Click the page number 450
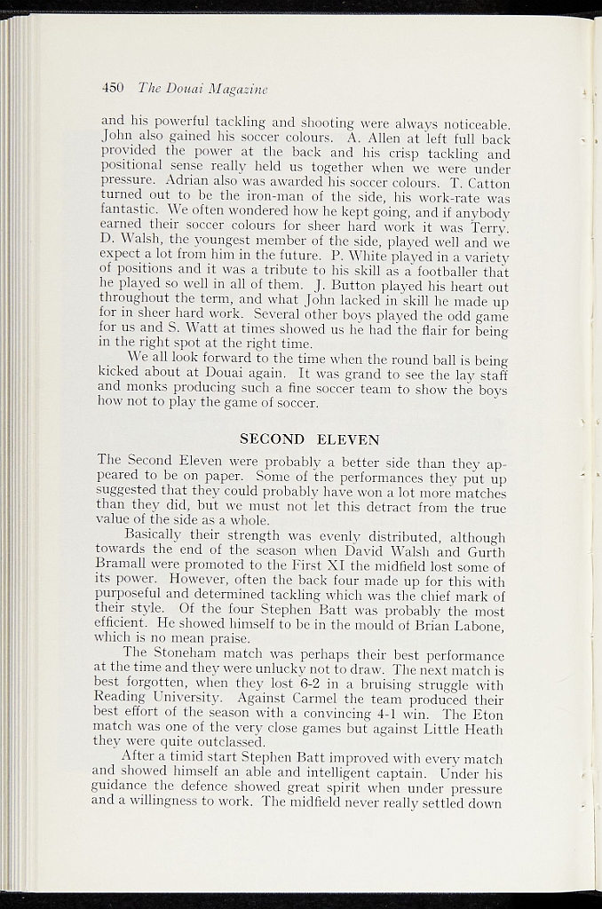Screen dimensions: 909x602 (x=112, y=88)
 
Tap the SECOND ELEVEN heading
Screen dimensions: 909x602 (x=310, y=439)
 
